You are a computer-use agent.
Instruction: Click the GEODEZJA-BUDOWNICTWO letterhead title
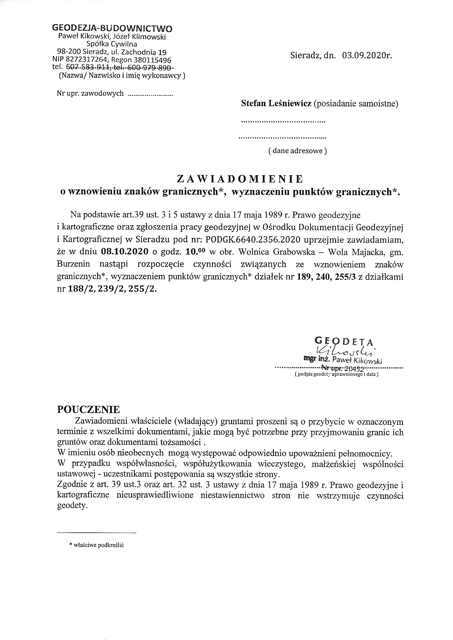(112, 28)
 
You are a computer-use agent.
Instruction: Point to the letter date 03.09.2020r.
(367, 55)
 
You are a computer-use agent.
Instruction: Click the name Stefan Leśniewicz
(276, 104)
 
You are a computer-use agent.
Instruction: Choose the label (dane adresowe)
(297, 151)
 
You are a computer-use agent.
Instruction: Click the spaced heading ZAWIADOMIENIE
(240, 179)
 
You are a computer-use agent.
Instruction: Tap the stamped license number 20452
(354, 369)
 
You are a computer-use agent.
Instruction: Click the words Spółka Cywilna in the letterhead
(112, 44)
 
